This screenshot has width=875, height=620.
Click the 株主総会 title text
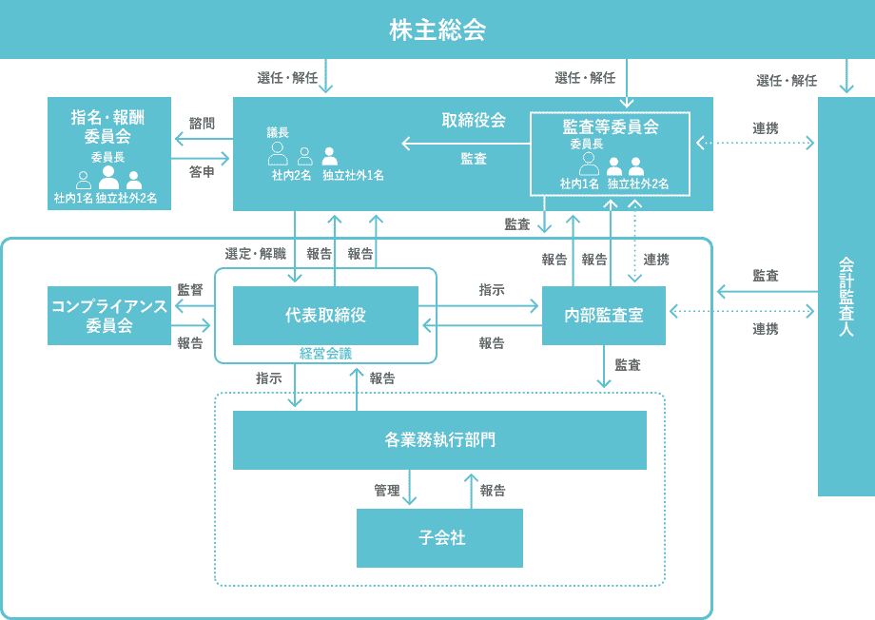coord(437,29)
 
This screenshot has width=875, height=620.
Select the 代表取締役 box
coord(325,315)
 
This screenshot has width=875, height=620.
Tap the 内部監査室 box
coord(603,315)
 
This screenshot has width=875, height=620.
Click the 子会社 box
coord(439,537)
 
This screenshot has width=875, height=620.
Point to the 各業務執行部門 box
coord(439,439)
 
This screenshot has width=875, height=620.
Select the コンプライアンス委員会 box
coord(109,315)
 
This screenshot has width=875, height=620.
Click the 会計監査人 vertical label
coord(846,296)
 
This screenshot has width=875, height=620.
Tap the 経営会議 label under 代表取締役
coord(325,353)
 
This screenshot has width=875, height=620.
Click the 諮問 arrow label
coord(202,124)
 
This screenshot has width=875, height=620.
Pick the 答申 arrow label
coord(202,172)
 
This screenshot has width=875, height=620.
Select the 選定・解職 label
coord(255,254)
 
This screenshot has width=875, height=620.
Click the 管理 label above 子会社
coord(386,491)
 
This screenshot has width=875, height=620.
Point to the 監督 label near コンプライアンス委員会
coord(190,289)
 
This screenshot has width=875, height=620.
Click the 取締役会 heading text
coord(473,121)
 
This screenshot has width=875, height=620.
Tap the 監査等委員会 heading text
coord(610,126)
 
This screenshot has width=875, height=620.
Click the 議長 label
coord(278,133)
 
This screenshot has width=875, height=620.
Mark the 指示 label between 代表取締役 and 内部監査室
coord(492,289)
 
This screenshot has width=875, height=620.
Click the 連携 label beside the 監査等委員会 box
coord(766,127)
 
